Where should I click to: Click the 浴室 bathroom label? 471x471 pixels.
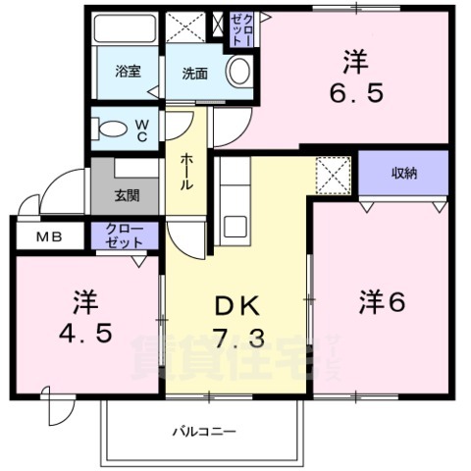(127, 71)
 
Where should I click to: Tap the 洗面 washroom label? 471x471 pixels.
(192, 73)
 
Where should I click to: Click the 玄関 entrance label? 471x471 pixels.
(127, 194)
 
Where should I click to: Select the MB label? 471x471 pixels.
(48, 235)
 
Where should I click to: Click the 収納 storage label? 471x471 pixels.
(404, 173)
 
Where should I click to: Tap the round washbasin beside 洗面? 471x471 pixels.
(237, 71)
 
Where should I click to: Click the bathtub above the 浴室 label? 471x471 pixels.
(126, 35)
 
